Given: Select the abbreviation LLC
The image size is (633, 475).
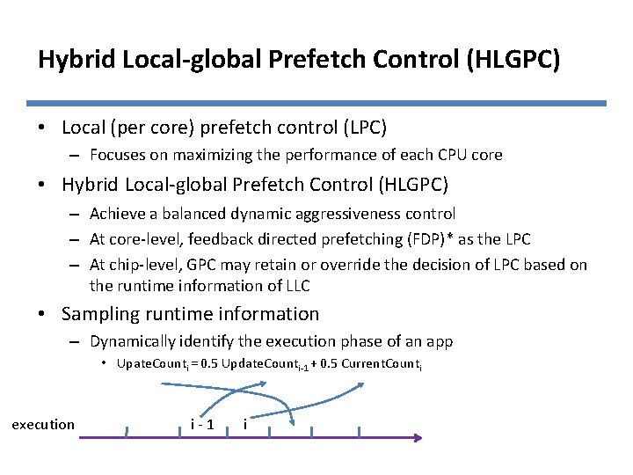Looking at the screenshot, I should pyautogui.click(x=297, y=285).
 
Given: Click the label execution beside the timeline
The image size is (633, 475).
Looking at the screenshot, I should pyautogui.click(x=43, y=425).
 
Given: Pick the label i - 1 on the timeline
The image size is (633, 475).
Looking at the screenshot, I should pyautogui.click(x=203, y=425).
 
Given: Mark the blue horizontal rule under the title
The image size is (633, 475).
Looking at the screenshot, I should pyautogui.click(x=316, y=103).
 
